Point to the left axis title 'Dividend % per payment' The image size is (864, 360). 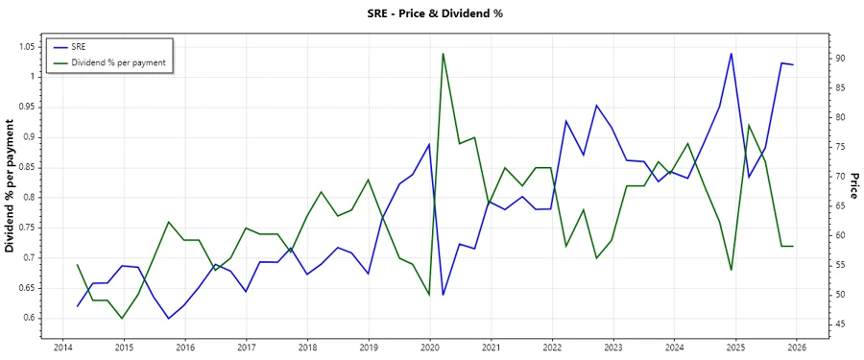[11, 185]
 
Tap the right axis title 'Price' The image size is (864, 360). [853, 185]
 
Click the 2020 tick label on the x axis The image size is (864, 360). [430, 348]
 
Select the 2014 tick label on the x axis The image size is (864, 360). [62, 348]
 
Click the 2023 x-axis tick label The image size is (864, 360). [613, 348]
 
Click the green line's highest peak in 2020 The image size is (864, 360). [443, 53]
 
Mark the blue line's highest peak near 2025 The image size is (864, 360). [732, 53]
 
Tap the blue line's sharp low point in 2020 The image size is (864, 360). [443, 295]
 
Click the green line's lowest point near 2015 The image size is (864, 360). [123, 318]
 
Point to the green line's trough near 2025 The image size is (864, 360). [732, 270]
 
